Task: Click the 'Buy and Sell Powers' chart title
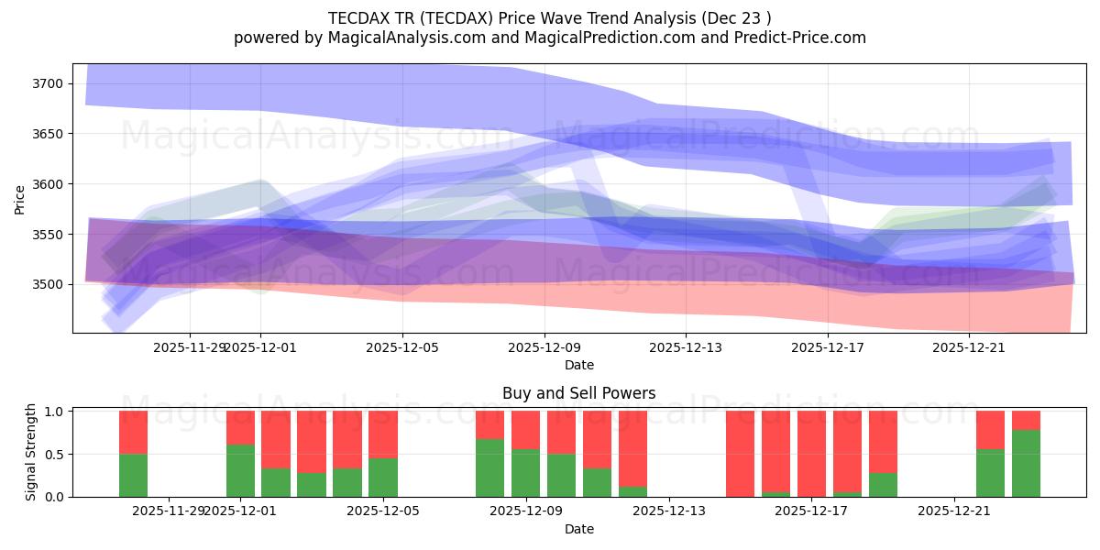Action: tap(578, 393)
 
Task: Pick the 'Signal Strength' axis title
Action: tap(31, 453)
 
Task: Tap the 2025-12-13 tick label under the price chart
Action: tap(687, 347)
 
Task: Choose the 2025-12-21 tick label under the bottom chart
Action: tap(954, 511)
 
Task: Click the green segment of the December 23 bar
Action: tap(1026, 463)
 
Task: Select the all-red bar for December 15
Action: tap(740, 454)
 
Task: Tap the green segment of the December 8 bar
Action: tap(489, 467)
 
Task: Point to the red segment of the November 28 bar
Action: tap(133, 432)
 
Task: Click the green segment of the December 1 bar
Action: tap(240, 470)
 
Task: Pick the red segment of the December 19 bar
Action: tap(883, 441)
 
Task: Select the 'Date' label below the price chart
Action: tap(578, 365)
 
